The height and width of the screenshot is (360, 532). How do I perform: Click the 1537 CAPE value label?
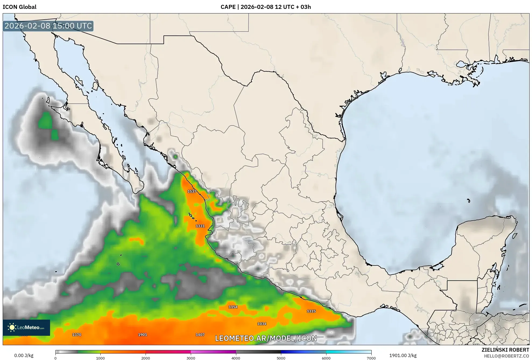click(x=192, y=191)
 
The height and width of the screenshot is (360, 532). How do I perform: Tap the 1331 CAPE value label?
click(x=200, y=226)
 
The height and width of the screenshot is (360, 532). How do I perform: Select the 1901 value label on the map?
click(x=143, y=335)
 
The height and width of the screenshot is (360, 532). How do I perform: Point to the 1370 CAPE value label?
click(x=77, y=335)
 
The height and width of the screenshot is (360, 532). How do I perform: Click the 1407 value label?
click(x=200, y=335)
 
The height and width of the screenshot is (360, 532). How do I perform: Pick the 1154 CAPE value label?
click(x=233, y=307)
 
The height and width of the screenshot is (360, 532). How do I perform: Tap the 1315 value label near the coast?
click(x=311, y=311)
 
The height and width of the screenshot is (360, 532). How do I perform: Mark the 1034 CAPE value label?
click(x=262, y=324)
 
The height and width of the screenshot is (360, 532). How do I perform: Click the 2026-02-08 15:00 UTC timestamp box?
click(x=48, y=26)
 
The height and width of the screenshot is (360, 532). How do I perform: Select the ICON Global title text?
click(x=19, y=7)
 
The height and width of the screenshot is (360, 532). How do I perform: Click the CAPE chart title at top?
click(x=266, y=7)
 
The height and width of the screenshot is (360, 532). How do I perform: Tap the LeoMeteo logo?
click(x=26, y=327)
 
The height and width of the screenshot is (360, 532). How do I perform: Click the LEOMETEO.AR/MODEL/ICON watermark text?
click(x=266, y=338)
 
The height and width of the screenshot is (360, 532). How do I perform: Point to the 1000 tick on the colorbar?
click(x=100, y=358)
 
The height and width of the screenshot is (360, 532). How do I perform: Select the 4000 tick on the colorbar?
click(x=236, y=358)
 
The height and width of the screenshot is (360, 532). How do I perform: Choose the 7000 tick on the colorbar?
click(x=371, y=358)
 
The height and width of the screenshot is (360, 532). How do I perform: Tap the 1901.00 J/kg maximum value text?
click(x=403, y=355)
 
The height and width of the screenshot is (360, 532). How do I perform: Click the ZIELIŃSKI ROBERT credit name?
click(x=505, y=350)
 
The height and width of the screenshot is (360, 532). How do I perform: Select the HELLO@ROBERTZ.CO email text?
click(x=506, y=356)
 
